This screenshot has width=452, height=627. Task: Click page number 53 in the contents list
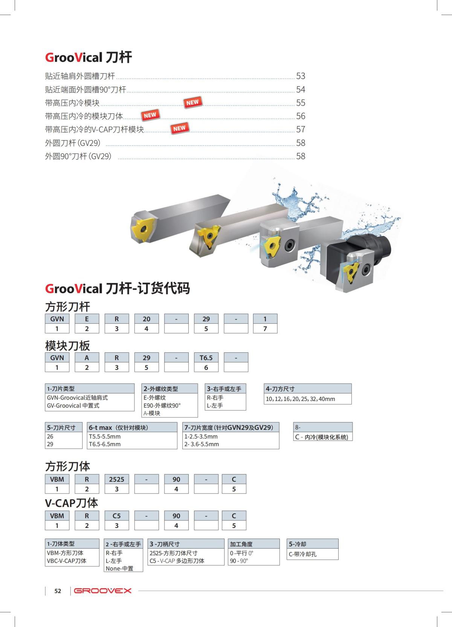300,76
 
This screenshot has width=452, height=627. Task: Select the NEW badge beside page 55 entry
192,102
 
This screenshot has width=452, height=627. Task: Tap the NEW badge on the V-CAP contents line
179,128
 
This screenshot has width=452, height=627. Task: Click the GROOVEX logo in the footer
103,590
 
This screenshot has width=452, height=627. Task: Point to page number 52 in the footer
58,591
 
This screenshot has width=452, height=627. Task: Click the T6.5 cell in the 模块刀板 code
206,358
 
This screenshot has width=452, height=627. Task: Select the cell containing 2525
116,479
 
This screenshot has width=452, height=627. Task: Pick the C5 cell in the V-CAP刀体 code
116,516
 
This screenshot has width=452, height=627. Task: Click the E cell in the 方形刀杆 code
87,319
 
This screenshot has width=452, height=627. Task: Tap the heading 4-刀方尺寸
280,389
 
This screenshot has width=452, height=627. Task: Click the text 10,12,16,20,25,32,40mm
300,399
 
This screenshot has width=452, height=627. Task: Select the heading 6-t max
118,428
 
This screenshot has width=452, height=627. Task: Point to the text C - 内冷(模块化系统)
322,437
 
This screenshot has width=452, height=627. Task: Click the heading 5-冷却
298,544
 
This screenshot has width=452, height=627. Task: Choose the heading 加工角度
241,544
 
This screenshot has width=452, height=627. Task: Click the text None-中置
119,568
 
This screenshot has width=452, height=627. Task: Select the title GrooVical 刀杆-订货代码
118,289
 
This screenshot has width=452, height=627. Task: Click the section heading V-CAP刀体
72,503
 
